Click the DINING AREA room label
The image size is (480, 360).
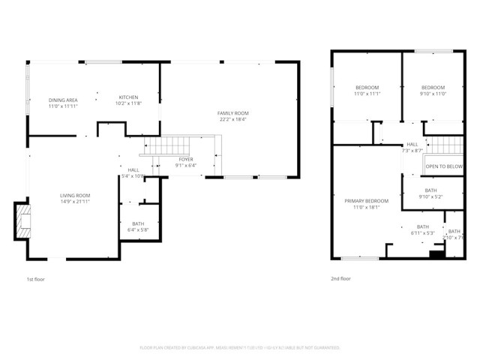[63, 100]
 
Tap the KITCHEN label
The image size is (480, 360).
[128, 97]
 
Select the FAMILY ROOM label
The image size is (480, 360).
[232, 112]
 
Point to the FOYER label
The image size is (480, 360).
[185, 159]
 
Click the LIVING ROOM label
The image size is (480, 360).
[75, 196]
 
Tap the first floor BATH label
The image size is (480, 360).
[138, 223]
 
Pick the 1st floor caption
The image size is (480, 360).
[35, 278]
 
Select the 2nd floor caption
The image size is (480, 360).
[340, 278]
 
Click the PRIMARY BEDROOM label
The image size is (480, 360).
[366, 201]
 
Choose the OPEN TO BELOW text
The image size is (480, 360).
[444, 166]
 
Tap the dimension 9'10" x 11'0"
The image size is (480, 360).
[433, 94]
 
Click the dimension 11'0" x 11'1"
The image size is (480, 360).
[367, 94]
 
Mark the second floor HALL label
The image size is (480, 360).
[412, 145]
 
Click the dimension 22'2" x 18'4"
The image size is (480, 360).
[232, 119]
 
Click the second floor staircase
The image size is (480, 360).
[444, 144]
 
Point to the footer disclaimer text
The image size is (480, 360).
[240, 348]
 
